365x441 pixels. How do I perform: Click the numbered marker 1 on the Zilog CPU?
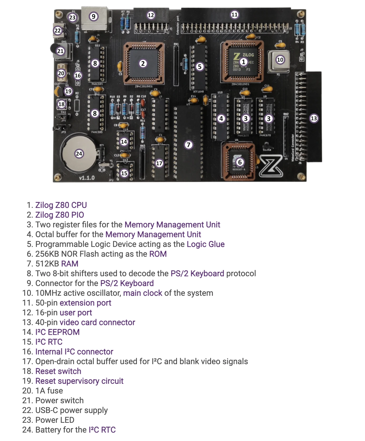coord(243,62)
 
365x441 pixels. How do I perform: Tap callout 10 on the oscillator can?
coord(280,60)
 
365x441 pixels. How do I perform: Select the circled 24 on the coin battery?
coord(79,154)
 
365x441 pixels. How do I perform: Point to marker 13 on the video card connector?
coord(314,118)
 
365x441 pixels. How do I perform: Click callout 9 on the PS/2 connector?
coord(93,17)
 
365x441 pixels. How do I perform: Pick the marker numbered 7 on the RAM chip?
coord(188,145)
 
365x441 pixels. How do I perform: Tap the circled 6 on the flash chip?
coord(240,162)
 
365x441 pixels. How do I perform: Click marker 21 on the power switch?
coord(60,51)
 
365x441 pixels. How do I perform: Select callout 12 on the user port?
coord(151,15)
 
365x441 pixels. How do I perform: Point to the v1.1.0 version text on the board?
coord(87,178)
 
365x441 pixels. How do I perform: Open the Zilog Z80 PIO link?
coord(60,215)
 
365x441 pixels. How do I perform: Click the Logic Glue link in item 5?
coord(205,244)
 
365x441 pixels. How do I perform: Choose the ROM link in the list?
coord(158,254)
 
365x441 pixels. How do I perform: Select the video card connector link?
coord(97,322)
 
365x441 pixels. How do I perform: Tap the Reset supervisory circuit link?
coord(79,381)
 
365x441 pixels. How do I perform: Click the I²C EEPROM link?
coord(57,332)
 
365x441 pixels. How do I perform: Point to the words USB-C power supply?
coord(71,410)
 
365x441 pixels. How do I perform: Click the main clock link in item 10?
coord(142,293)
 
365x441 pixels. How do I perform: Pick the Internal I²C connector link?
coord(74,352)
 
